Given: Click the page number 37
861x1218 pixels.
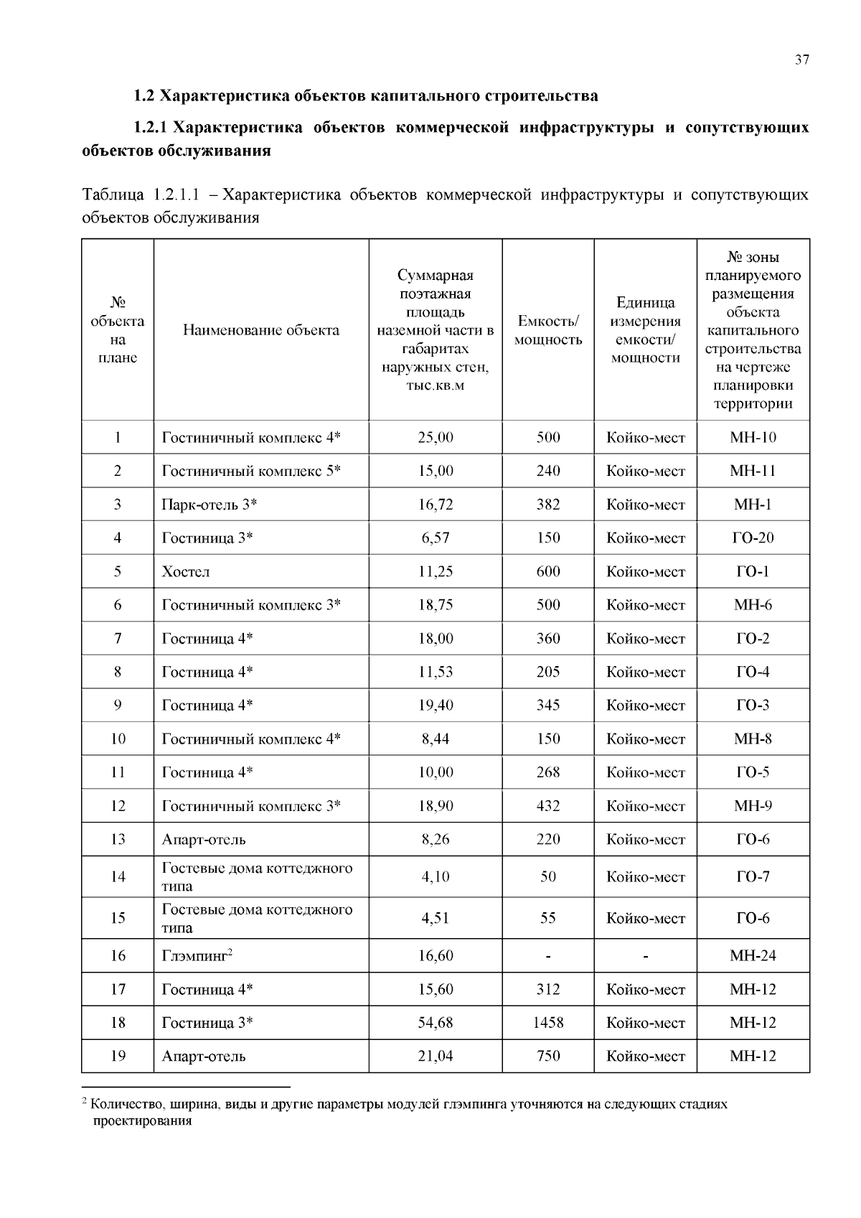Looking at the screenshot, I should click(802, 60).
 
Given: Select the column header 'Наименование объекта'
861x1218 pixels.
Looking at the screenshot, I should click(261, 330).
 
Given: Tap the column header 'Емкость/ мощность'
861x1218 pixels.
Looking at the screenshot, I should click(548, 330).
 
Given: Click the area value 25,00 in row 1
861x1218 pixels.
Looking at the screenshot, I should click(436, 437).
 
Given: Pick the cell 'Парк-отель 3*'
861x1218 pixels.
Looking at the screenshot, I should click(210, 505).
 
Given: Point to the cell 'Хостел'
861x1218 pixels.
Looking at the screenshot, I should click(186, 572).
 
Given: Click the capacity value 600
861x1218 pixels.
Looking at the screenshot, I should click(548, 572).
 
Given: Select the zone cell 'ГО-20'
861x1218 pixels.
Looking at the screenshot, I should click(753, 538).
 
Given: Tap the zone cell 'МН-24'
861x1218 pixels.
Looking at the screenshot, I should click(753, 955).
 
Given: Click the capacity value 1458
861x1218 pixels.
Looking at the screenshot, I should click(548, 1023).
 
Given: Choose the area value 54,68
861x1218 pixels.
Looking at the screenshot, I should click(436, 1023).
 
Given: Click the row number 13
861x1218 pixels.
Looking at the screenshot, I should click(118, 840).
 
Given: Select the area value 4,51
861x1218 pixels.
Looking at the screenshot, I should click(436, 918).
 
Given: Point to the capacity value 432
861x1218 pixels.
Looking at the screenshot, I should click(548, 806).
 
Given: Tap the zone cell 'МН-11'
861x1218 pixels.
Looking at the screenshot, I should click(753, 471).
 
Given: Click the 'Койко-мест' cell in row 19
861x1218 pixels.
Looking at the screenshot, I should click(645, 1057).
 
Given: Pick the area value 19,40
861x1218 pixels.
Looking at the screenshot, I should click(436, 706).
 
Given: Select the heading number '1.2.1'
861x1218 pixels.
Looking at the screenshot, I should click(150, 128).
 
